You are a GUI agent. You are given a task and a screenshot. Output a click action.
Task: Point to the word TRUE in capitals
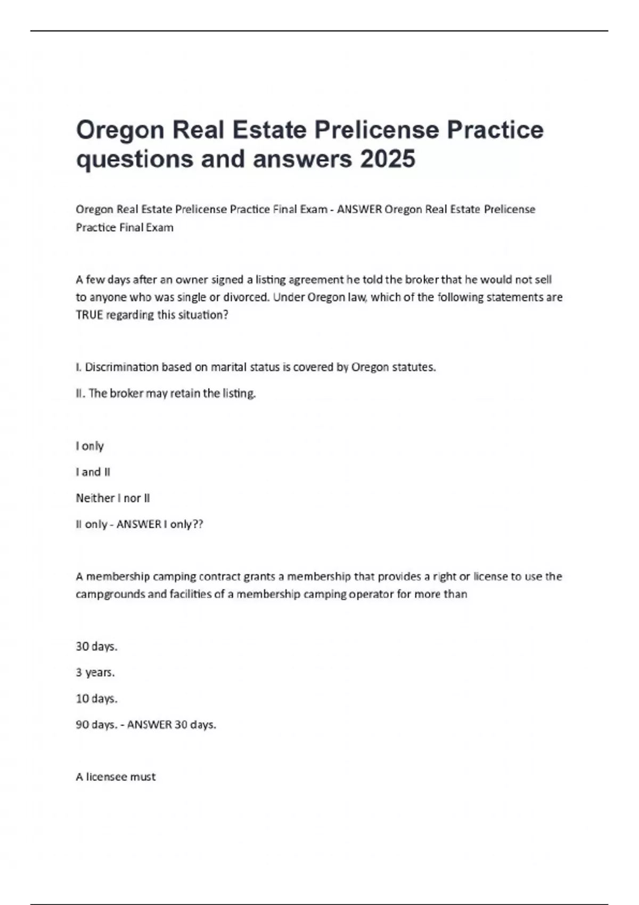(89, 315)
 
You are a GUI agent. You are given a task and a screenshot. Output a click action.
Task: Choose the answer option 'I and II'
(93, 472)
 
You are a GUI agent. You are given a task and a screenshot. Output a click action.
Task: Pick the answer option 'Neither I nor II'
(113, 498)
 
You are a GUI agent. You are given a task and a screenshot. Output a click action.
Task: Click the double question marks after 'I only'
(198, 524)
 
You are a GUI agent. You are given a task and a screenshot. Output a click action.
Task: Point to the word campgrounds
(110, 594)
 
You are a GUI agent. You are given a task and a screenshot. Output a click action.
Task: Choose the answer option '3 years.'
(95, 672)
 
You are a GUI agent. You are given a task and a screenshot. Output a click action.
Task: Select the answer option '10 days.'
(96, 698)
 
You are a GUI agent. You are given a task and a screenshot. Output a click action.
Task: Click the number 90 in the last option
(83, 725)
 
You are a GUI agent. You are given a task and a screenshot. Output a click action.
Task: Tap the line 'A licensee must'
(116, 777)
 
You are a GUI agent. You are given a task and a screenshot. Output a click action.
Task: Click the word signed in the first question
(228, 279)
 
